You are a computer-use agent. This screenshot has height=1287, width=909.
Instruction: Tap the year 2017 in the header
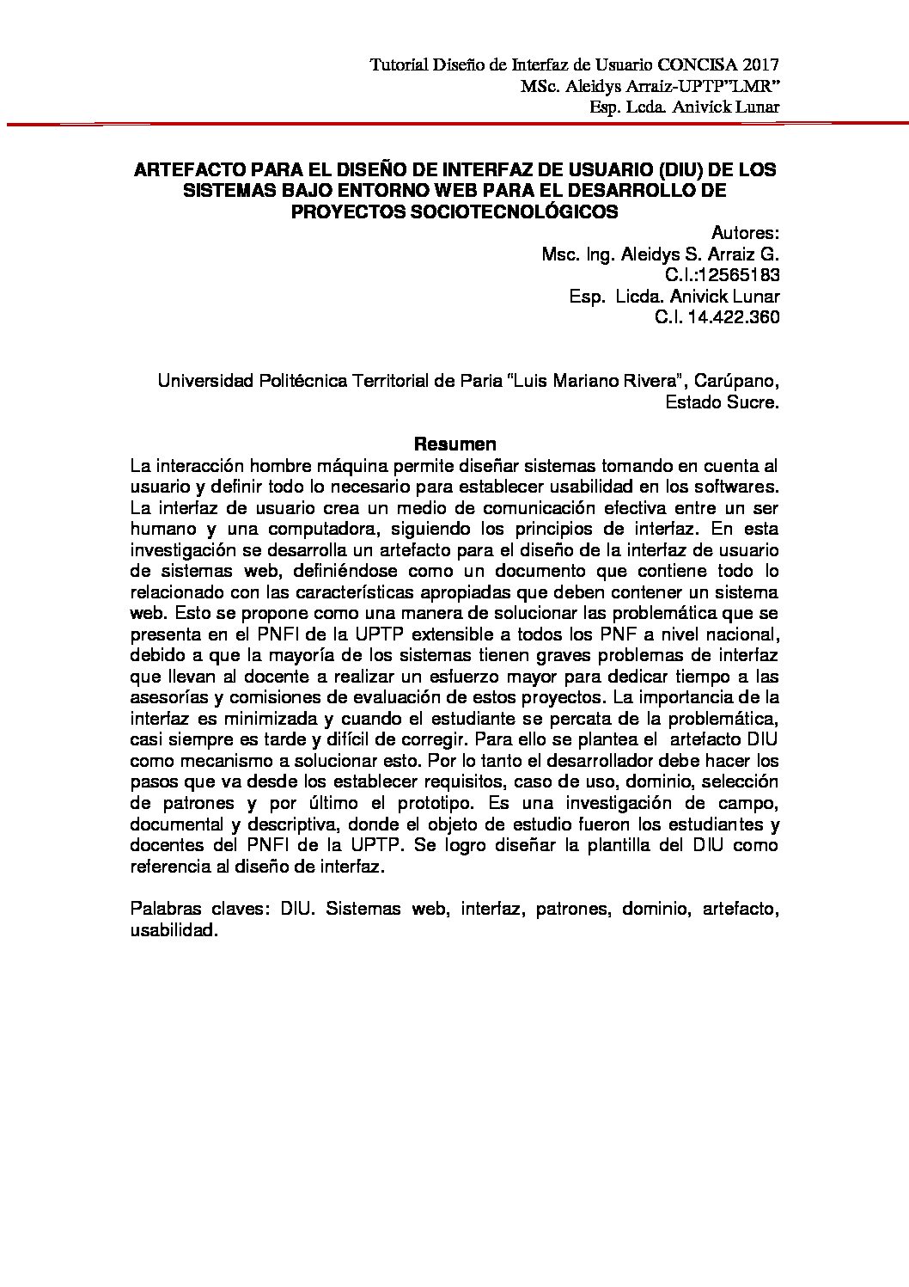(762, 65)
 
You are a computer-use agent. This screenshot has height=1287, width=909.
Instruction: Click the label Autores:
(745, 233)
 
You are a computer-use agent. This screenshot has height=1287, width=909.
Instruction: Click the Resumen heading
(455, 444)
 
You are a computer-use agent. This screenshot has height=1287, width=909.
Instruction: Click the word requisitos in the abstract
(483, 782)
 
